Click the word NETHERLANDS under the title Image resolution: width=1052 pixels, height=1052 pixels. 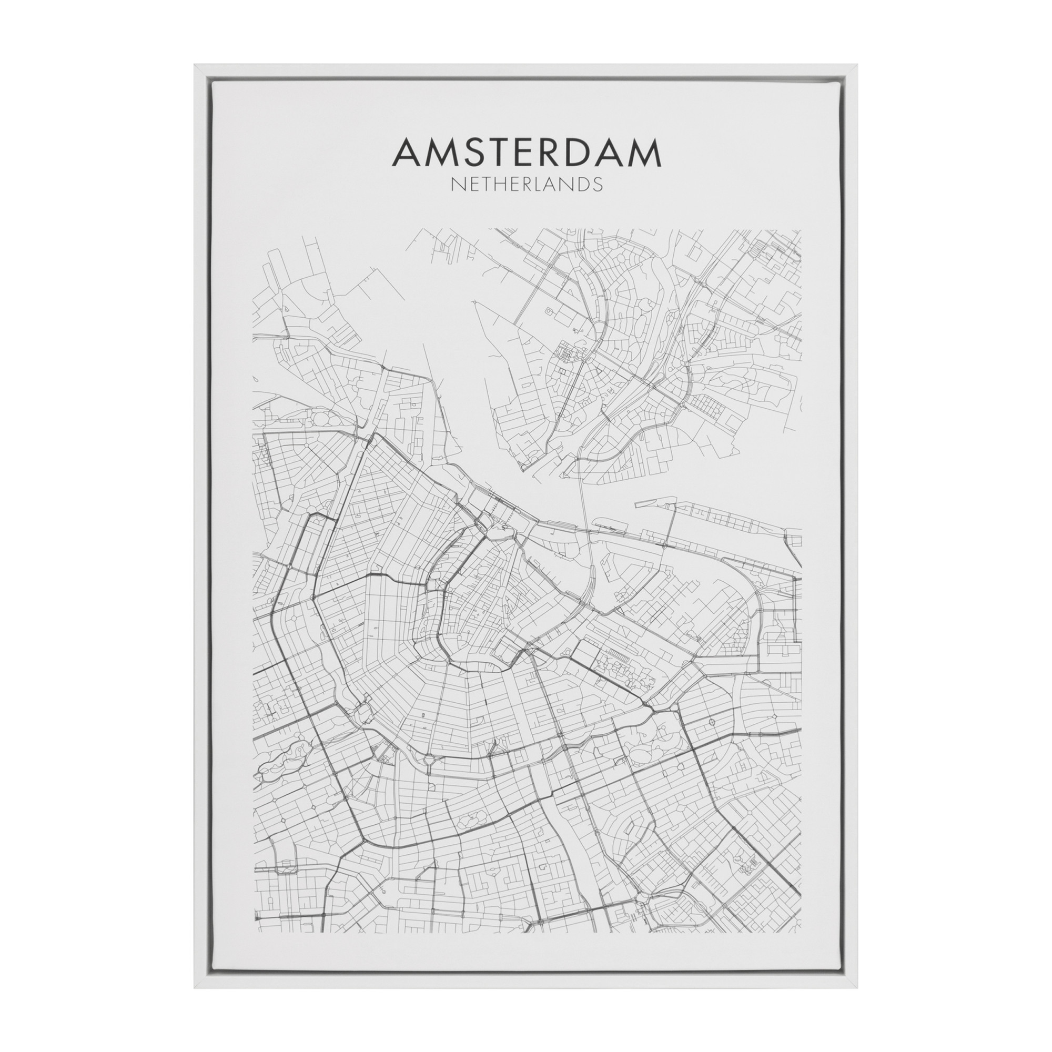point(527,184)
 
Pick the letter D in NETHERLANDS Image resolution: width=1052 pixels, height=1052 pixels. point(585,184)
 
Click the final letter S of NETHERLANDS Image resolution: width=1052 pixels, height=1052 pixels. point(599,184)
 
